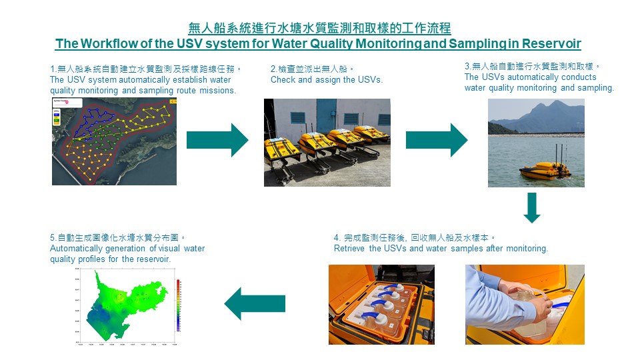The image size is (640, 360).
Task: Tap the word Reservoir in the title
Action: click(552, 44)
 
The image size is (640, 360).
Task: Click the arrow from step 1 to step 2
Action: click(217, 140)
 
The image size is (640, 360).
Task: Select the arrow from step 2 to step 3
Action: click(437, 140)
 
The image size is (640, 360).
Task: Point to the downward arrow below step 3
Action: click(532, 207)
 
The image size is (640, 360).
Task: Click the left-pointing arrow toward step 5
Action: click(255, 303)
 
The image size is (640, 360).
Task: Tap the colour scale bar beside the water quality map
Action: click(178, 304)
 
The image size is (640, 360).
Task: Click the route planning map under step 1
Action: click(115, 140)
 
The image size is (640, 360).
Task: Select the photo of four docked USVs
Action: click(327, 142)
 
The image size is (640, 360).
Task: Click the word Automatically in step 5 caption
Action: click(77, 249)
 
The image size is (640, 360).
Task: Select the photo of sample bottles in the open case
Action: click(381, 305)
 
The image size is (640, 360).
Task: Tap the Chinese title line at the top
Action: click(319, 28)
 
